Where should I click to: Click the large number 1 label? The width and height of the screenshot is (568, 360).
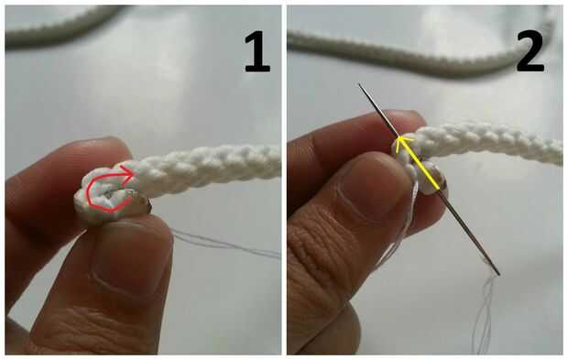pos(257,52)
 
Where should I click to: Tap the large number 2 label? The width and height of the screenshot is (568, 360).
pos(530,52)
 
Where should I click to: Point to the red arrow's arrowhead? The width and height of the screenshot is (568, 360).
pos(127,172)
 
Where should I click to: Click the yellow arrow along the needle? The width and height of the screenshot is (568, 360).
pos(419,162)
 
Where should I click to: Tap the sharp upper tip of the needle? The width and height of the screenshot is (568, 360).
pos(359,84)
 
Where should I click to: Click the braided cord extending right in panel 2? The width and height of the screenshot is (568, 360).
pos(489,143)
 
